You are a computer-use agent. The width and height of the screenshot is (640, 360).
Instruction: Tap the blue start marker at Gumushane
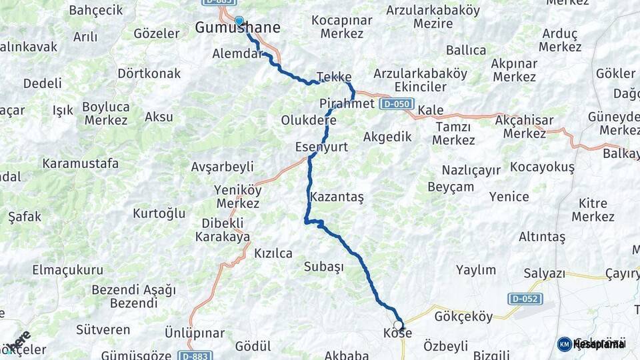pos(239,21)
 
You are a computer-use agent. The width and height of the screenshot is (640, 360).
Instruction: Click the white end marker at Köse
pos(398,326)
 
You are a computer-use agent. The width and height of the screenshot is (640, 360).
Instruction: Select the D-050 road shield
pos(397,105)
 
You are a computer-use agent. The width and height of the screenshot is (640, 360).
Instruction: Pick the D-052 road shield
pos(525,299)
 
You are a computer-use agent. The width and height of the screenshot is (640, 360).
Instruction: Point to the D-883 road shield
pos(195,356)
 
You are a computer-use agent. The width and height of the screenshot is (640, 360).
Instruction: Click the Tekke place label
pos(334,77)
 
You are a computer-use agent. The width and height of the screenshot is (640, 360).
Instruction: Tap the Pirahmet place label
pos(347,104)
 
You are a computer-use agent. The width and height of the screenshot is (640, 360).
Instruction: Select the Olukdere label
pos(309,121)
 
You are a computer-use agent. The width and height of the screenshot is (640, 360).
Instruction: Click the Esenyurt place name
pos(321,147)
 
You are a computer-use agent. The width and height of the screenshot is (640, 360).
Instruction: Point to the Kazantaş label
pos(337,197)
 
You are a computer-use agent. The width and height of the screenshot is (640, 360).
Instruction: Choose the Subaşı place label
pos(323,267)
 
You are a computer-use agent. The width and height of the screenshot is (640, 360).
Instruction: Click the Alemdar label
pos(237,54)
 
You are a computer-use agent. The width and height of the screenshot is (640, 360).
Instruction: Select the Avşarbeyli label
pos(223,167)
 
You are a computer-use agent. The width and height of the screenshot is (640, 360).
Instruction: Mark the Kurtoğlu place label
pos(159,214)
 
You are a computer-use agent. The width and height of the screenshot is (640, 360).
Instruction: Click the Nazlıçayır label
pos(473,170)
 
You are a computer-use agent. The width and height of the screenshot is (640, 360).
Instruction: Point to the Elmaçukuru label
pos(68,270)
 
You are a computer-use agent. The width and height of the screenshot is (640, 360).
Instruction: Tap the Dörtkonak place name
pos(149,73)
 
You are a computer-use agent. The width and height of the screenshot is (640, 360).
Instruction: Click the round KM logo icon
pos(564,344)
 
